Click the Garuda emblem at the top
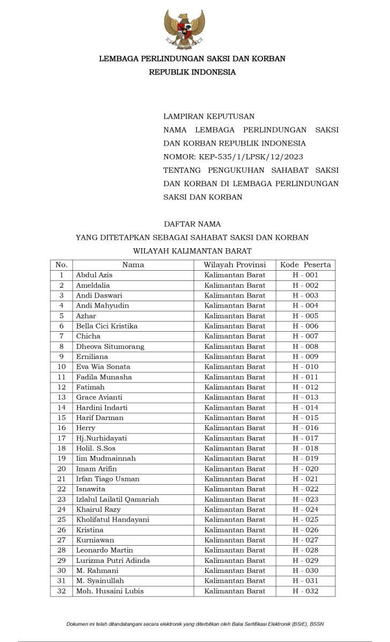coord(185,30)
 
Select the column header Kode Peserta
coord(305,265)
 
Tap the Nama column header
coord(133,265)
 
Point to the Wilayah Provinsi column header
coord(234,265)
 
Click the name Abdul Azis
coord(94,275)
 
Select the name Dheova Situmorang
coord(110,346)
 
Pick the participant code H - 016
coord(305,428)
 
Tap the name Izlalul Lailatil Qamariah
coord(117,499)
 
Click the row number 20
coord(62,469)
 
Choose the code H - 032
coord(305,591)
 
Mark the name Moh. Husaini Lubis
coord(110,591)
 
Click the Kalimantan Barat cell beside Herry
coord(234,428)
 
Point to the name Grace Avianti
coord(99,397)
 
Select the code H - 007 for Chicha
coord(305,336)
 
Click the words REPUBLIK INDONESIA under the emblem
coord(192,72)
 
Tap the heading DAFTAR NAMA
coord(192,224)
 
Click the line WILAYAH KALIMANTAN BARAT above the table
coord(192,251)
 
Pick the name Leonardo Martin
coord(104,550)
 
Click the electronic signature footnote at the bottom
coord(195,624)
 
